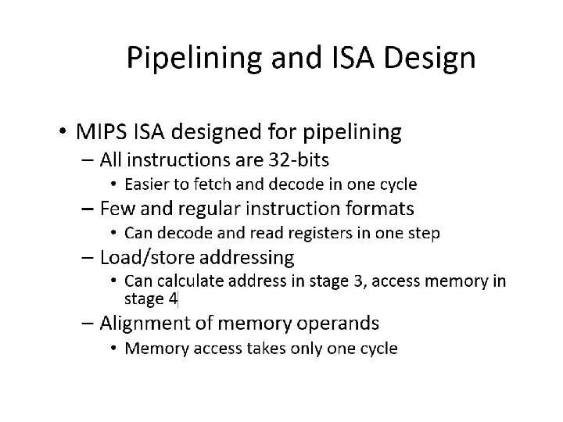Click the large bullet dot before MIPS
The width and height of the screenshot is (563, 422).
[x=62, y=132]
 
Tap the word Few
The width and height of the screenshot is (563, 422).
[x=115, y=209]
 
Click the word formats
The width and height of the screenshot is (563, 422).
[x=378, y=209]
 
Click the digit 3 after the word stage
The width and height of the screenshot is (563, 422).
[x=354, y=281]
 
